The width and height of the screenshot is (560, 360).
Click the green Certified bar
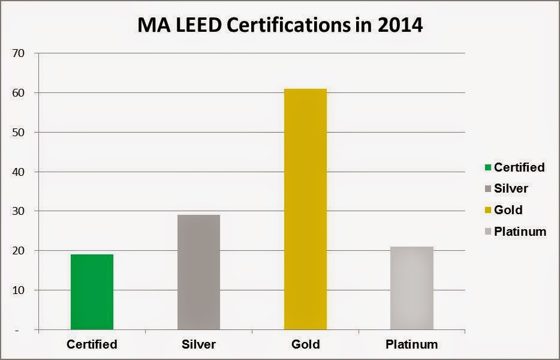click(92, 292)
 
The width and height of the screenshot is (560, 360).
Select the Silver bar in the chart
click(198, 272)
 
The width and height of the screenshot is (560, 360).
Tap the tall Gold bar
click(305, 209)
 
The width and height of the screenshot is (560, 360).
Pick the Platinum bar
click(411, 288)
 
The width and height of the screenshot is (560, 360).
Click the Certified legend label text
click(519, 167)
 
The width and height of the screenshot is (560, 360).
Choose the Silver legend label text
click(511, 188)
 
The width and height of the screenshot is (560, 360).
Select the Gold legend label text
click(508, 210)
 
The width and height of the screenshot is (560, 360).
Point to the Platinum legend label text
click(520, 232)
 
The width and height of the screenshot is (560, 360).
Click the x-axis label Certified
click(92, 344)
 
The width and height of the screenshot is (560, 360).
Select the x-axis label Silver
click(198, 344)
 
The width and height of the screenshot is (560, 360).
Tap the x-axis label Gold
click(305, 344)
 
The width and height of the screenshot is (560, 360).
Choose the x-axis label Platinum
click(411, 344)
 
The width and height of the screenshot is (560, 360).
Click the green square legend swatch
click(487, 168)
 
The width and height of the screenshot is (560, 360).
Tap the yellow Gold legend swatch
click(487, 211)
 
